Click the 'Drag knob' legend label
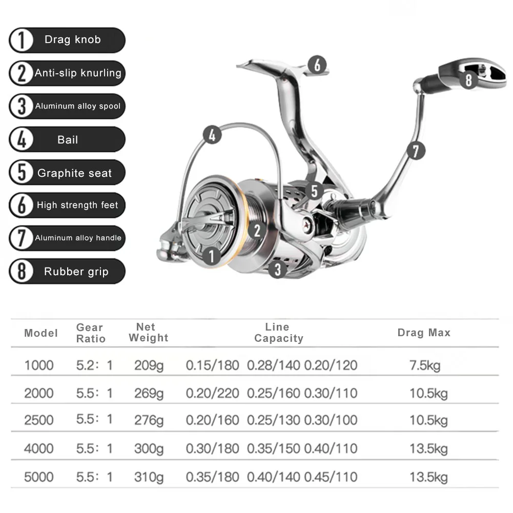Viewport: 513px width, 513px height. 72,40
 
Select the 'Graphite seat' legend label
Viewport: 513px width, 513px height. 74,173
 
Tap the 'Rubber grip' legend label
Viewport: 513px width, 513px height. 76,272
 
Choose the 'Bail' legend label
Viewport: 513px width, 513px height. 68,140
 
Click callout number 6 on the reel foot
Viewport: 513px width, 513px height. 317,65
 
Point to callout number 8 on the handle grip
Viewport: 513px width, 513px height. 468,79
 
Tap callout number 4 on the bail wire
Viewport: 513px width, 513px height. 213,135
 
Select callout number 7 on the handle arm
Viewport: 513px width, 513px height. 416,151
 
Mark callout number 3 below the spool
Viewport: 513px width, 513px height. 278,269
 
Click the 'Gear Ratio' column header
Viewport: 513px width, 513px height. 91,333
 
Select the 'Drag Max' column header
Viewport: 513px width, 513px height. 424,333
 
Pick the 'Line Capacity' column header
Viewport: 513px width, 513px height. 278,333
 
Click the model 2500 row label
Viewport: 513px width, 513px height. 39,420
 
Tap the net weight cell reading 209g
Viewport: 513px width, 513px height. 149,365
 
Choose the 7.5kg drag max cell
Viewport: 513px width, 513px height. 425,365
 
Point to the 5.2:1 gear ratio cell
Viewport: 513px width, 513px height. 94,365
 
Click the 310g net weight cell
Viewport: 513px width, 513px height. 149,478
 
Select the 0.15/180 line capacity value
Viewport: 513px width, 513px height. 212,365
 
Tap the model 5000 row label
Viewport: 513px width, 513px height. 39,478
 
